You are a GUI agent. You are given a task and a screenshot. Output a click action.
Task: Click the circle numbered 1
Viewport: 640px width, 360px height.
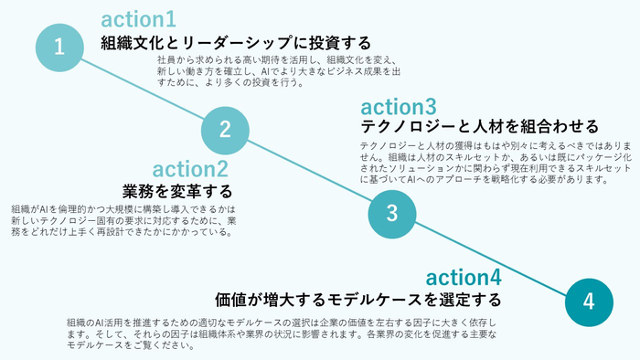click(59, 47)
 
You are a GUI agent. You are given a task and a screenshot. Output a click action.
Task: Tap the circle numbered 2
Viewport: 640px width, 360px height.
click(225, 129)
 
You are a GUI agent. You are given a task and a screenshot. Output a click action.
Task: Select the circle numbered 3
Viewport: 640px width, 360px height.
click(391, 214)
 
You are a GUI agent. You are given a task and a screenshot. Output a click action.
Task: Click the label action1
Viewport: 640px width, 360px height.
click(139, 19)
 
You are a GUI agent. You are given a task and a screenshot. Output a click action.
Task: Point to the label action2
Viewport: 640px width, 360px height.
click(190, 169)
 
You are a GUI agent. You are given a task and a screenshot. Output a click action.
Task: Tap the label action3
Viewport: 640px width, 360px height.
click(399, 107)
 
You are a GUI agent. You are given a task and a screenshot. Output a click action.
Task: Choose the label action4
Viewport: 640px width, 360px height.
click(464, 277)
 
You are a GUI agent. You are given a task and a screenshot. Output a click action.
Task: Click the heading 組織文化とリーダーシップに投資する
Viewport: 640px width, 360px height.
click(236, 43)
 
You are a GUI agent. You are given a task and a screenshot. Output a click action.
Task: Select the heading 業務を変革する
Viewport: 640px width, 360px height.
click(177, 192)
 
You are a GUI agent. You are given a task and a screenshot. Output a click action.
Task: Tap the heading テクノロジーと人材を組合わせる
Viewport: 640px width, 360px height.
click(479, 126)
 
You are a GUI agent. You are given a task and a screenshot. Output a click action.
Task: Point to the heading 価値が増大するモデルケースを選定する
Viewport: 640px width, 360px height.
click(358, 299)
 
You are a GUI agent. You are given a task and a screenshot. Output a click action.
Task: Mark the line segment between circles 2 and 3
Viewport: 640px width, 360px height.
click(308, 172)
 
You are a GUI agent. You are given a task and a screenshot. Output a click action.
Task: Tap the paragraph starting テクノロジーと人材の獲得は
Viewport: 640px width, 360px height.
click(484, 162)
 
